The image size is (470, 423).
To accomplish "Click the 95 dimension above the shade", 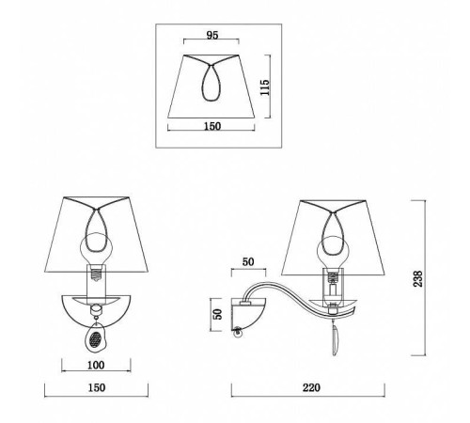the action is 212,36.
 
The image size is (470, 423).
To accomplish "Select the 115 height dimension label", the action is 265,87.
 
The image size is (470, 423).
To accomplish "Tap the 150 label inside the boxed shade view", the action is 212,126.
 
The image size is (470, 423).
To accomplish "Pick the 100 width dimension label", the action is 96,365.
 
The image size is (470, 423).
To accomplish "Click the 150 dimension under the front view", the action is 97,387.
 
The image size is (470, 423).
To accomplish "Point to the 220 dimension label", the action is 311,387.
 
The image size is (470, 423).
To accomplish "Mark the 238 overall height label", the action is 418,278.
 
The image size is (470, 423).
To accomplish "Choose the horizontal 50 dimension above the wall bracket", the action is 248,262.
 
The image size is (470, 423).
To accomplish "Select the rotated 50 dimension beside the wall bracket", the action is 217,314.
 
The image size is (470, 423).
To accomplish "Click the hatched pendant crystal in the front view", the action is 95,337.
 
